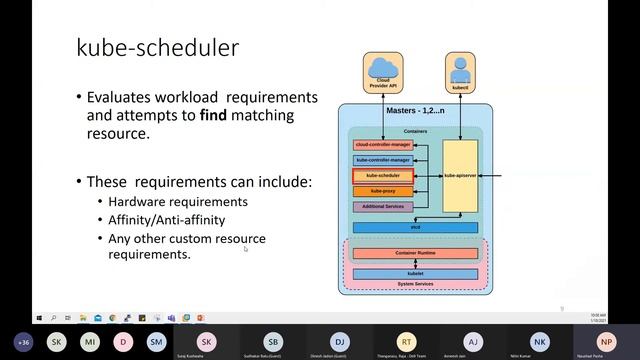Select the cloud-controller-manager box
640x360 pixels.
(x=383, y=145)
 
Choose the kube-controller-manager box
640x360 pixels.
(x=383, y=160)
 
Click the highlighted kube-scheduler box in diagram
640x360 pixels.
(x=383, y=175)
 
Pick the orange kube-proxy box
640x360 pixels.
(x=383, y=190)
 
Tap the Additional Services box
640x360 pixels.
(x=383, y=207)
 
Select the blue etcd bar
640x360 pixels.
(x=415, y=228)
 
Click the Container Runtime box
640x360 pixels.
(x=415, y=254)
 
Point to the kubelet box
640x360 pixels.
(x=415, y=272)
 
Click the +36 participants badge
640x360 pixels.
(x=24, y=341)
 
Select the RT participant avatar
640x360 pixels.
(x=406, y=341)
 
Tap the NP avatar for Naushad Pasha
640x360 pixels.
(x=606, y=341)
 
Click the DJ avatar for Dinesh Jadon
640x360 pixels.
(x=339, y=341)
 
